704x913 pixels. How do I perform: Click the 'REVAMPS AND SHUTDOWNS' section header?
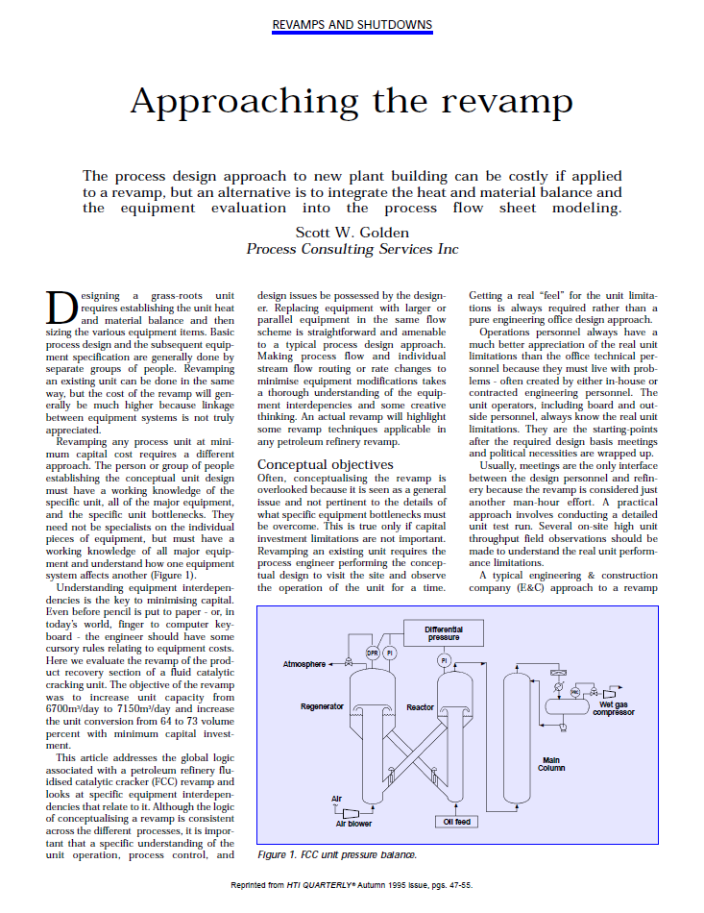click(352, 24)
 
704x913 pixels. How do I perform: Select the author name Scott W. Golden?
click(352, 232)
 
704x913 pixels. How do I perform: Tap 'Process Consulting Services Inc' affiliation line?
click(352, 249)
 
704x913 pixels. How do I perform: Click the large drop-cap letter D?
click(60, 307)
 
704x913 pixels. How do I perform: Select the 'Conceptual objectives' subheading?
click(325, 464)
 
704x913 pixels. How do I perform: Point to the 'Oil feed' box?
click(456, 823)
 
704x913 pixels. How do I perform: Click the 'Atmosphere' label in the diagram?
click(304, 664)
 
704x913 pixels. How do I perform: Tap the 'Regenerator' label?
click(322, 707)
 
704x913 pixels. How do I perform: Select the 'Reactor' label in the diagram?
click(420, 707)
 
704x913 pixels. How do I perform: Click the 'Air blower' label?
click(353, 824)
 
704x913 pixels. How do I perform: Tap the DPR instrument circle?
click(373, 654)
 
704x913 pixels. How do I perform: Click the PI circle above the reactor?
click(444, 660)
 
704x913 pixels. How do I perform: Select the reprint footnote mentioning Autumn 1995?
click(352, 884)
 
